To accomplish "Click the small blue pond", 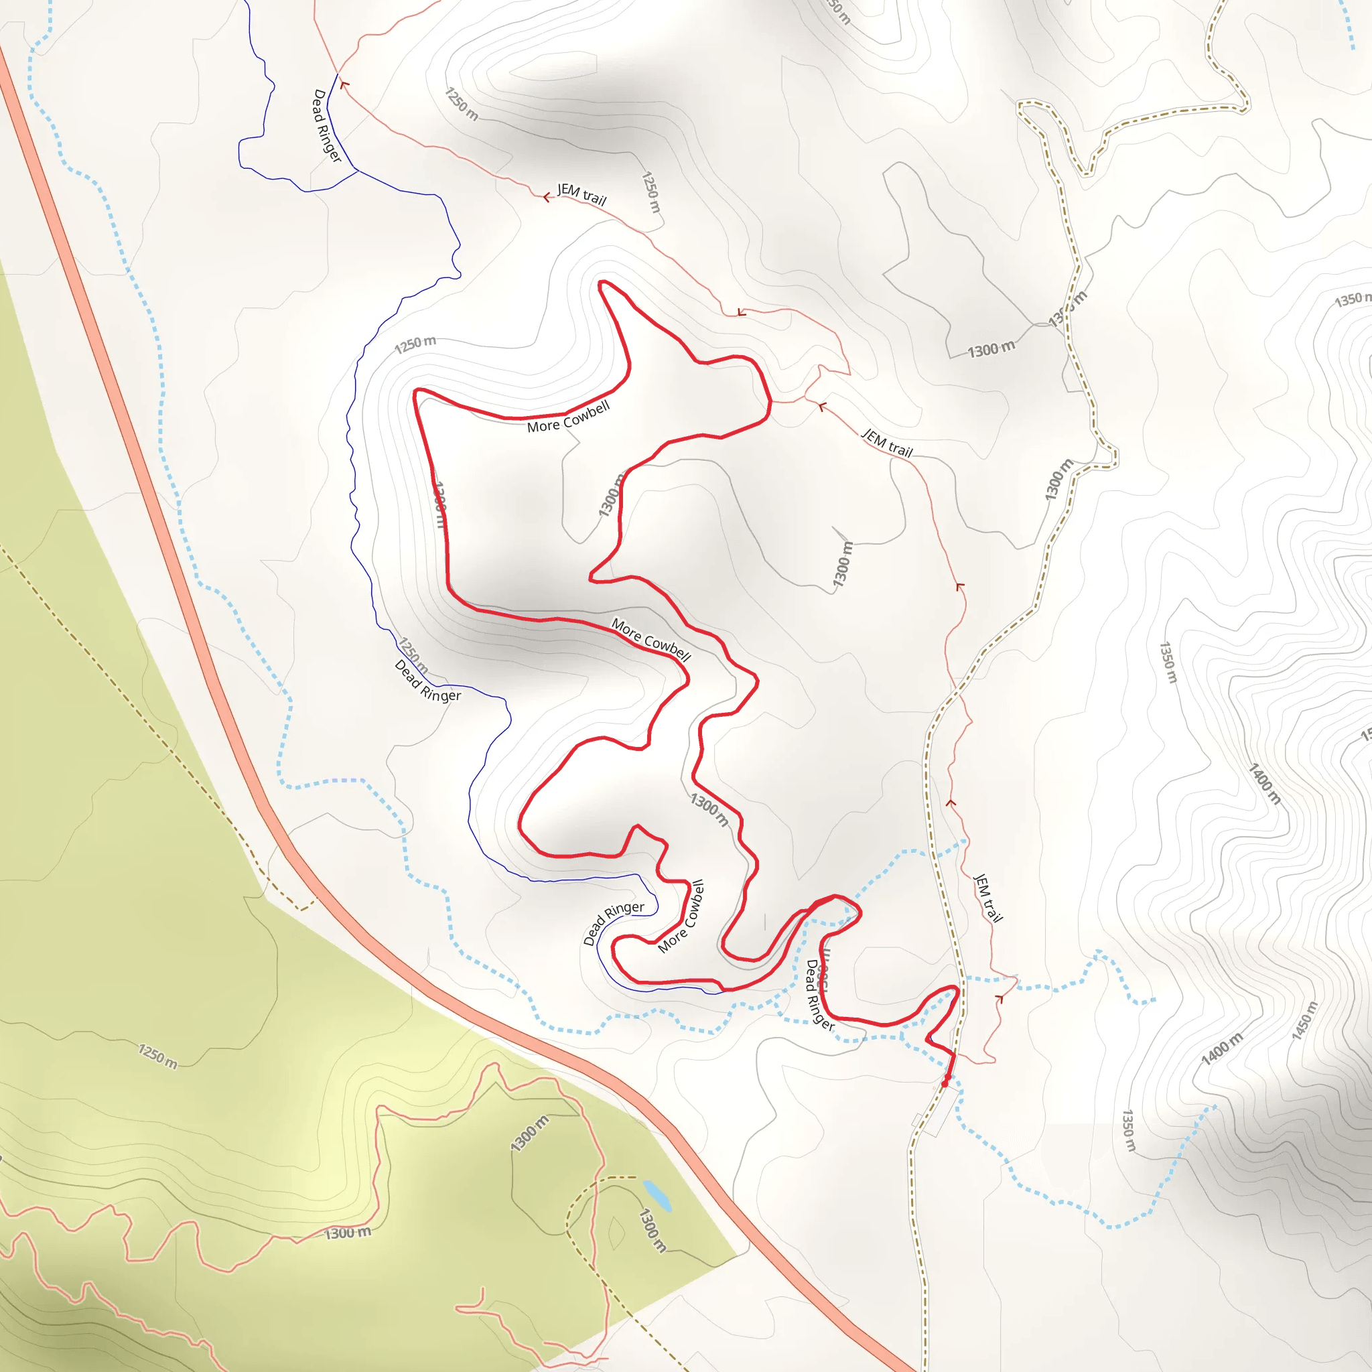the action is point(657,1194).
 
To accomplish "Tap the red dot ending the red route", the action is point(945,1084).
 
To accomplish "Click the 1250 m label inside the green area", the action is point(157,1056).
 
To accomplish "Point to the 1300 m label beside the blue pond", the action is point(653,1230).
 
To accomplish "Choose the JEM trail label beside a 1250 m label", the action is point(581,194).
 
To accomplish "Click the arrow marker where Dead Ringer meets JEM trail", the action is point(344,85).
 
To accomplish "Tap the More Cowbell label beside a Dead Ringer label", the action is point(681,916).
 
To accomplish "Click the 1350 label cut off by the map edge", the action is point(1352,299).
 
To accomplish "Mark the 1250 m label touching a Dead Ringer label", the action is point(413,655).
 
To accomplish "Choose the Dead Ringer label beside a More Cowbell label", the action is point(613,922).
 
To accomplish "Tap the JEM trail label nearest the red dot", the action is point(987,898).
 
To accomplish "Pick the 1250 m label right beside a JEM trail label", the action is point(650,192).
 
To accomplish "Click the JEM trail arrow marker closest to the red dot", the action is point(999,998).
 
